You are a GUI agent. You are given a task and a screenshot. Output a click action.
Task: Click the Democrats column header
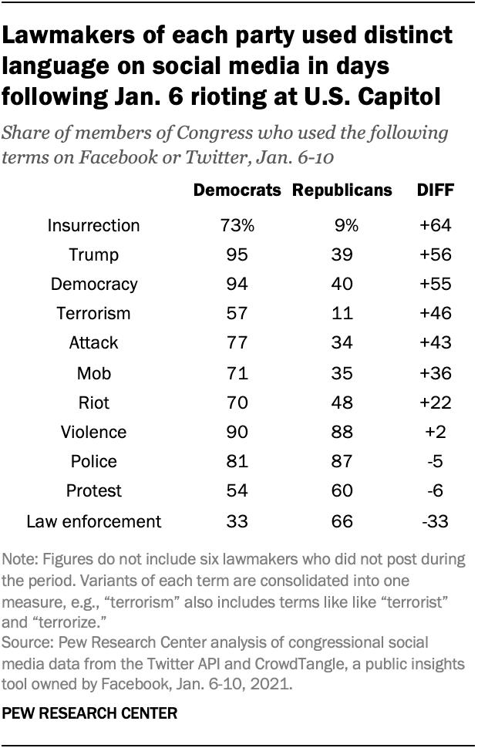tap(237, 190)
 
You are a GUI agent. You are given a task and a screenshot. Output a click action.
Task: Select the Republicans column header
tap(342, 190)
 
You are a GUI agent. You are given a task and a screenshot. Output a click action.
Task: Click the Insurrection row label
tap(94, 226)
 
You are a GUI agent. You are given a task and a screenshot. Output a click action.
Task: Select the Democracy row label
tap(94, 285)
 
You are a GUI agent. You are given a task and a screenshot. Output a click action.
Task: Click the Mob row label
tap(94, 373)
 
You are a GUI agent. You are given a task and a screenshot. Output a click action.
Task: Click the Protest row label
tap(94, 491)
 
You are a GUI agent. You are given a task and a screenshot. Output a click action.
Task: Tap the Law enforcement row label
tap(94, 521)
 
